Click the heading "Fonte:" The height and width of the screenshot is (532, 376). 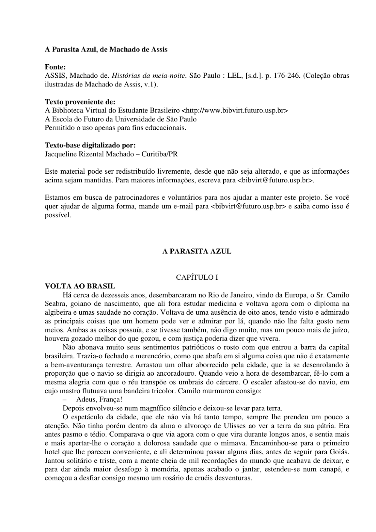(55, 67)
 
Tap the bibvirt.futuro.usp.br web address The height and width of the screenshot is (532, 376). (235, 111)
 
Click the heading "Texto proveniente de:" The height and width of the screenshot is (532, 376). (80, 102)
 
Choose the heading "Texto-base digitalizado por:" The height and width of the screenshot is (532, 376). (90, 145)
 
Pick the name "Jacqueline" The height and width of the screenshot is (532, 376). (60, 154)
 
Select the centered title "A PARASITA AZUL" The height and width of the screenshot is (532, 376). (197, 251)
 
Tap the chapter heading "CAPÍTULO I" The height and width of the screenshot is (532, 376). (197, 277)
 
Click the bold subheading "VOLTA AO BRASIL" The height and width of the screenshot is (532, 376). (80, 286)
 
